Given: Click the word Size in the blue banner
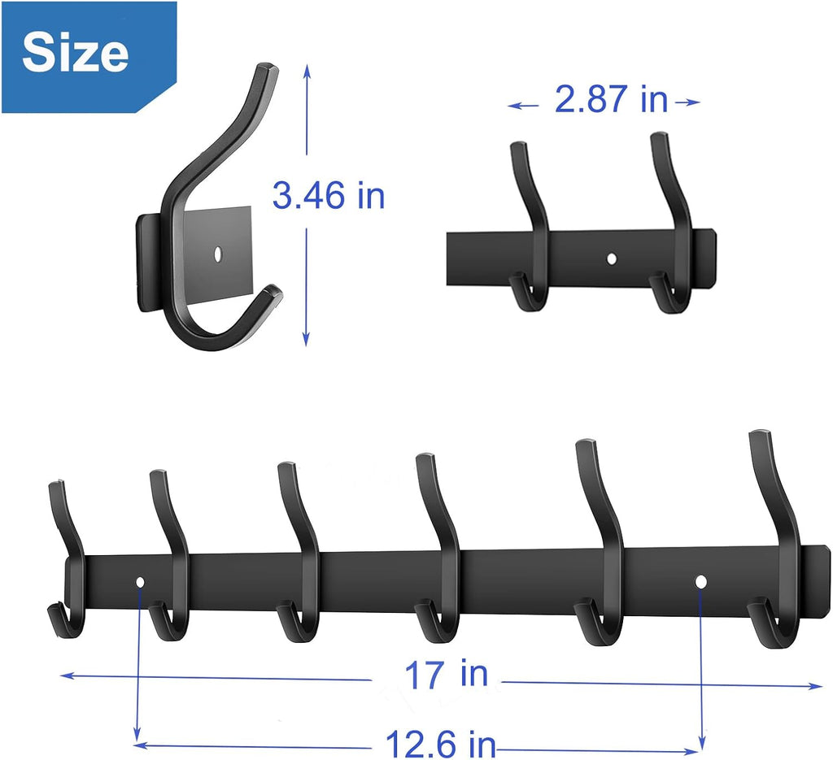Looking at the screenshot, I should pyautogui.click(x=75, y=53).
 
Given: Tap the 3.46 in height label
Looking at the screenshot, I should pyautogui.click(x=328, y=197).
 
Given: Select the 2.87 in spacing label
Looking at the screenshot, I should pyautogui.click(x=611, y=101).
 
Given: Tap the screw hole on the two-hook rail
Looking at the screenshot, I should pyautogui.click(x=612, y=259).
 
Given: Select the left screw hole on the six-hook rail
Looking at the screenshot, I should pyautogui.click(x=140, y=582).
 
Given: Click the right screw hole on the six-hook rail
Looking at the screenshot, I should pyautogui.click(x=700, y=581).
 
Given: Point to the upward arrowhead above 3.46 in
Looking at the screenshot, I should pyautogui.click(x=307, y=72).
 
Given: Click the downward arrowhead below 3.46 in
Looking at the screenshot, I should pyautogui.click(x=307, y=341).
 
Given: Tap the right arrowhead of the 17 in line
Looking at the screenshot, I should pyautogui.click(x=817, y=687).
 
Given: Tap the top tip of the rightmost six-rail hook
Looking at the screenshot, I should pyautogui.click(x=760, y=436).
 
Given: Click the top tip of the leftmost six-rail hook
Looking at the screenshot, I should pyautogui.click(x=55, y=486).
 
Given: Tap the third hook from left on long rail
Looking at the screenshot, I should pyautogui.click(x=301, y=553).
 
